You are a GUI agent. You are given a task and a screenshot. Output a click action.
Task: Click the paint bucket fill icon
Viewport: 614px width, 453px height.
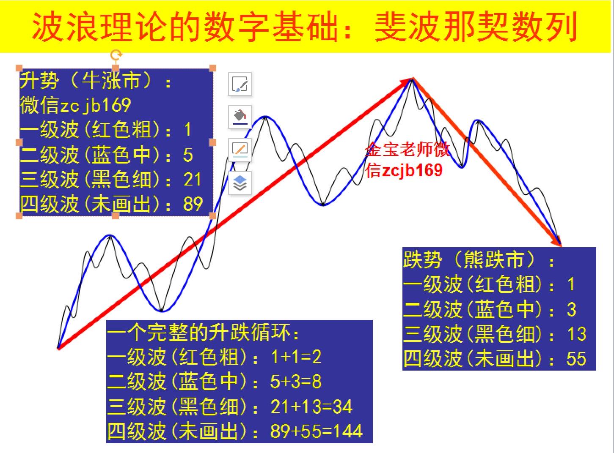pyautogui.click(x=240, y=117)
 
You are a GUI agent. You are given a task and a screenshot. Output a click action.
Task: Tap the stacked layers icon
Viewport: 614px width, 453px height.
pyautogui.click(x=240, y=183)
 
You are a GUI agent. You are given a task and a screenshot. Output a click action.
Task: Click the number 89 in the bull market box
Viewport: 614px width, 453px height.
pyautogui.click(x=193, y=204)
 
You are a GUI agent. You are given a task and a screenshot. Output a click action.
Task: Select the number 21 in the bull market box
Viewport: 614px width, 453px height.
pyautogui.click(x=193, y=180)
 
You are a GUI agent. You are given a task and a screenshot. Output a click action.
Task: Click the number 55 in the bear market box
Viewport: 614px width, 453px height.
pyautogui.click(x=576, y=359)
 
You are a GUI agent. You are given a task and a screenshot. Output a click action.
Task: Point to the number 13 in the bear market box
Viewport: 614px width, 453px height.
pyautogui.click(x=576, y=334)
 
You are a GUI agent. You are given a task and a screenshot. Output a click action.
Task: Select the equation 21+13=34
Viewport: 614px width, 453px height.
pyautogui.click(x=311, y=407)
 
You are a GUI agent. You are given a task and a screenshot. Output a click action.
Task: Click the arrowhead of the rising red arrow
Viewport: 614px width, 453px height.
pyautogui.click(x=409, y=80)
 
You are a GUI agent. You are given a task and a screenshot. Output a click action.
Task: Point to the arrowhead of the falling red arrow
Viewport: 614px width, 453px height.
pyautogui.click(x=558, y=243)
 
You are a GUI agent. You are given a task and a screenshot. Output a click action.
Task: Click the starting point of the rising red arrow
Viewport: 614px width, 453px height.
pyautogui.click(x=58, y=348)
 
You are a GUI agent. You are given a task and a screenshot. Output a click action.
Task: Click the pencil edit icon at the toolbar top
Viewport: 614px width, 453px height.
pyautogui.click(x=240, y=84)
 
